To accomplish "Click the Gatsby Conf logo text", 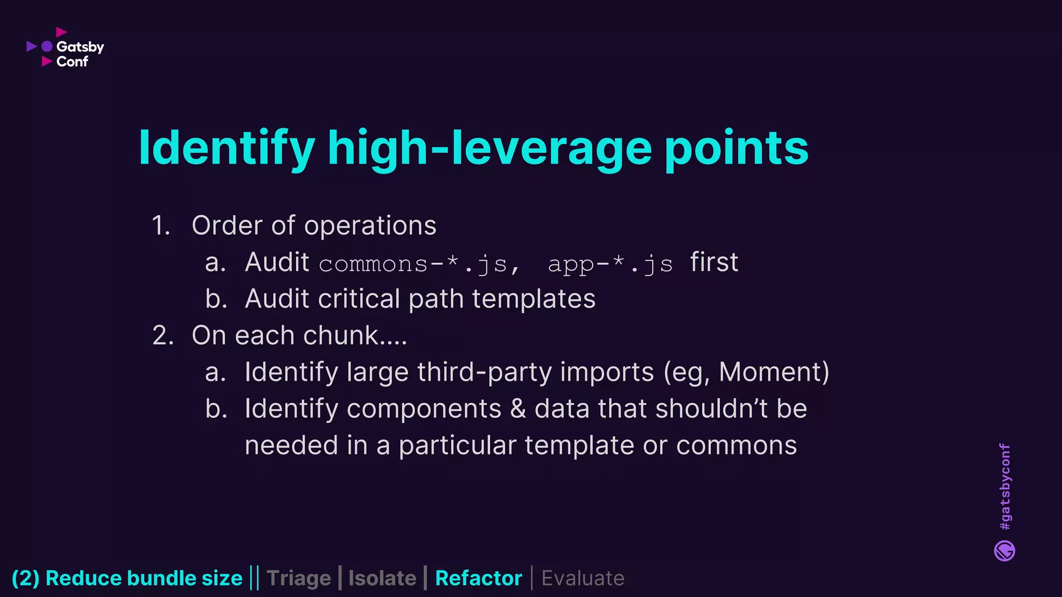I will click(x=80, y=54).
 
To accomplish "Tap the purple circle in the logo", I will click(x=47, y=47).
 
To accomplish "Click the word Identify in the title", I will click(x=227, y=148).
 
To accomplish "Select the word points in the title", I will click(x=736, y=148).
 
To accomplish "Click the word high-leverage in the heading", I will click(x=489, y=148).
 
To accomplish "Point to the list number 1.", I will click(x=161, y=226).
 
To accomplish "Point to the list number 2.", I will click(x=162, y=336).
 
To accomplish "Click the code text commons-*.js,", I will click(x=419, y=264).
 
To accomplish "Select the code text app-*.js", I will click(x=610, y=264).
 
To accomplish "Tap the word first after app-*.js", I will click(x=714, y=262).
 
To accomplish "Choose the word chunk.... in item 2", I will click(x=355, y=336).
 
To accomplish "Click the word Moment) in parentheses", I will click(x=774, y=372).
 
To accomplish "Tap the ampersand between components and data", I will click(x=518, y=409).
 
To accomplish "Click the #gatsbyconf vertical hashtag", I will click(x=1004, y=487).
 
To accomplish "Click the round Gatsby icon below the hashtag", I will click(x=1004, y=551).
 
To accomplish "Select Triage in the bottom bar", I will click(x=299, y=578).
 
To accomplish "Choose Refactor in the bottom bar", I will click(x=478, y=578).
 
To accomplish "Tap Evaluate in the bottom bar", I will click(x=583, y=578).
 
